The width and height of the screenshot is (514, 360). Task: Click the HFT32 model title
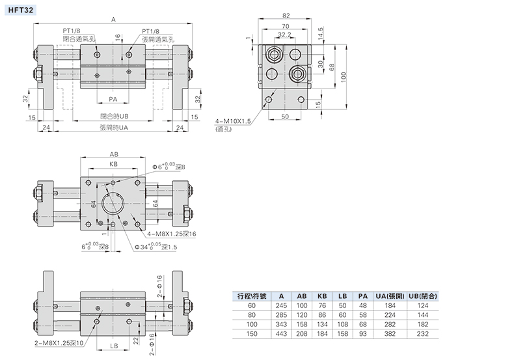tap(20, 10)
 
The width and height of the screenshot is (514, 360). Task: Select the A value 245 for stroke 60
tap(281, 305)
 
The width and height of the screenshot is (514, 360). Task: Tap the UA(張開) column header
tap(390, 296)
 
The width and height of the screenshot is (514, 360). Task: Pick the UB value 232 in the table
tap(423, 334)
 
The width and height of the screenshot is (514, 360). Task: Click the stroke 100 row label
tap(252, 324)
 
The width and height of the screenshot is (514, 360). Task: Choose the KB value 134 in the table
tap(322, 324)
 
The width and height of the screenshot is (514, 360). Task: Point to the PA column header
tap(363, 296)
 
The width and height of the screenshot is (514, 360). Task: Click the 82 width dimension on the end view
tap(286, 16)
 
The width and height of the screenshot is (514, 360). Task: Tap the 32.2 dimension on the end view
tap(284, 35)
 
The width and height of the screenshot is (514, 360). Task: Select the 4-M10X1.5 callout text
tap(233, 121)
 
